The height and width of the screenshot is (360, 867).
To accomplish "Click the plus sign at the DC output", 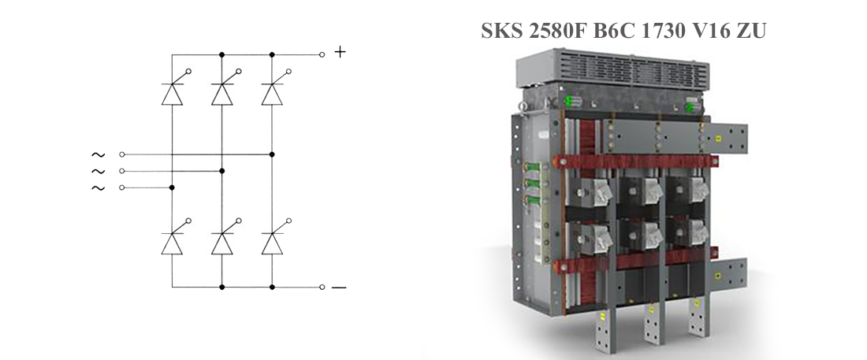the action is pyautogui.click(x=340, y=52).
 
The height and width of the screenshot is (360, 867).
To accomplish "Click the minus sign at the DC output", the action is pyautogui.click(x=339, y=288).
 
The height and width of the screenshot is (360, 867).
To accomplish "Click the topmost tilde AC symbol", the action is pyautogui.click(x=98, y=155).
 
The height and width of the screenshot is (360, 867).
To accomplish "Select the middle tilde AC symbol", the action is pyautogui.click(x=98, y=172).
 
